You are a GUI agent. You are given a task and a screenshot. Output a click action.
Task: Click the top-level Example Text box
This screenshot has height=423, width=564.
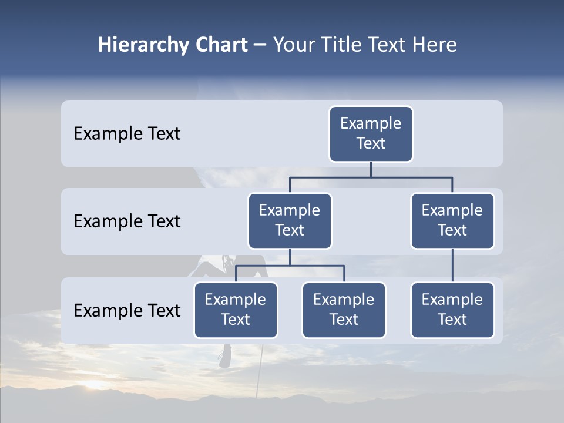[x=371, y=133]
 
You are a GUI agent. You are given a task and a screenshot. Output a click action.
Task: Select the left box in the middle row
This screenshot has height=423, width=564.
[x=290, y=220]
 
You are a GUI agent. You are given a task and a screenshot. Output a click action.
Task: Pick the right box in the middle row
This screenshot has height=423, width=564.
[x=452, y=220]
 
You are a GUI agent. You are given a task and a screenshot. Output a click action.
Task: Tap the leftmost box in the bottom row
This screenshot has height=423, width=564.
[x=236, y=310]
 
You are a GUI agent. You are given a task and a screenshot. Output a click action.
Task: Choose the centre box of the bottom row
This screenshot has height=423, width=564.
[x=344, y=310]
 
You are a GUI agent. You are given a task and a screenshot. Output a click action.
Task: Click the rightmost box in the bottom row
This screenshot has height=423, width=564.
[x=452, y=310]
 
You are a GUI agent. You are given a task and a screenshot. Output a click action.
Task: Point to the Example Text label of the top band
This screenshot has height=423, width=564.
[x=127, y=134]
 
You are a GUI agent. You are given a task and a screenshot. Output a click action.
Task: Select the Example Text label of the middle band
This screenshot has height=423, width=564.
[x=127, y=221]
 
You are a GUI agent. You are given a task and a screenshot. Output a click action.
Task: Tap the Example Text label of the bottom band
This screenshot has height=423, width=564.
[x=127, y=310]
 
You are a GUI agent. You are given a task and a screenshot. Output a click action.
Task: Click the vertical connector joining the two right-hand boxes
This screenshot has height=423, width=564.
[x=452, y=266]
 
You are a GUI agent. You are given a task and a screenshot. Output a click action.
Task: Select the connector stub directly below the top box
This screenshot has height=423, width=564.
[x=371, y=169]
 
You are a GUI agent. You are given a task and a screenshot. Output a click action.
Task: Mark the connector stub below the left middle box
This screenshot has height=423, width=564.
[x=290, y=257]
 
